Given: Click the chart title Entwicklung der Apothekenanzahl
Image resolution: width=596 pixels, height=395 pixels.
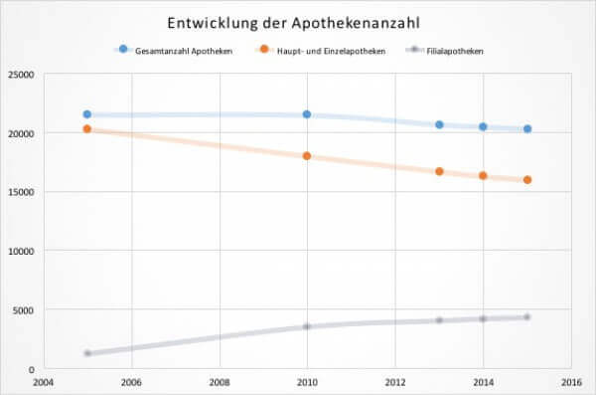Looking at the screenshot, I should pos(297,22).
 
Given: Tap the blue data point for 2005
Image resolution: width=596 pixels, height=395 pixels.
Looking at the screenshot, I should pos(87,114).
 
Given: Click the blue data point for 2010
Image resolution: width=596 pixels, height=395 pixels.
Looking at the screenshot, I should pos(307,114).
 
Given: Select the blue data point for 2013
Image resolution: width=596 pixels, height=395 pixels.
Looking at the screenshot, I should pos(439,124).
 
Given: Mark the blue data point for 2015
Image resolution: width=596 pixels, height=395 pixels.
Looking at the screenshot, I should pos(527,128).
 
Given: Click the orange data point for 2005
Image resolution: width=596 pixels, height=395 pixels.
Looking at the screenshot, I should pos(87,129).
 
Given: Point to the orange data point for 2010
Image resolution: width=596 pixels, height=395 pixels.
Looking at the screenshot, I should pos(307,156).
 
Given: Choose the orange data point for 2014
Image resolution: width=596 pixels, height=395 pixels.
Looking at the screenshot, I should pos(483,175).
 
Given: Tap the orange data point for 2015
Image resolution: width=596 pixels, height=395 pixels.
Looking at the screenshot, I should pos(527,180).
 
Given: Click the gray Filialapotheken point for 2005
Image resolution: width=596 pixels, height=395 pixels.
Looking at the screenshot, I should pos(87,353).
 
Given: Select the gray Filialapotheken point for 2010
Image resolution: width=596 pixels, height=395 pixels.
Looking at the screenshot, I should pos(307,326).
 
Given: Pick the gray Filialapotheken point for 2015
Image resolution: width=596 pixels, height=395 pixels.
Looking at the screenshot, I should pos(527,317).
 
